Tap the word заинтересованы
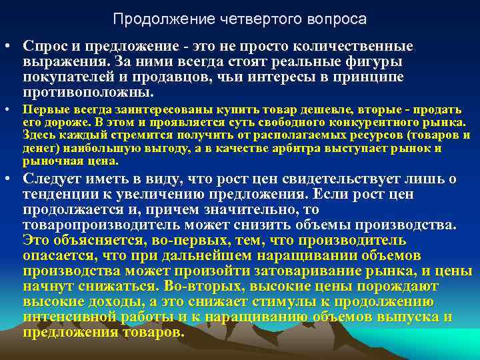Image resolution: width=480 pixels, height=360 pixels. tap(130, 109)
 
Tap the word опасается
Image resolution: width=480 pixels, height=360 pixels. tap(55, 255)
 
